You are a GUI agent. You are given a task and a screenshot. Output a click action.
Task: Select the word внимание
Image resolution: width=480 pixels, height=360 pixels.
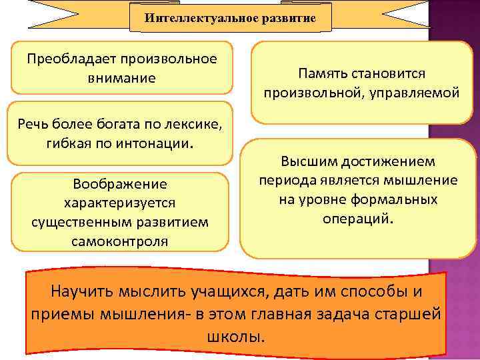(121, 78)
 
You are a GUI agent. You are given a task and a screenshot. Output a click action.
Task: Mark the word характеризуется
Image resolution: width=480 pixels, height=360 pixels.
(121, 202)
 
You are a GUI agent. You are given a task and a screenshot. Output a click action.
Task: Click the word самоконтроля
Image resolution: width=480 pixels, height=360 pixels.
(121, 240)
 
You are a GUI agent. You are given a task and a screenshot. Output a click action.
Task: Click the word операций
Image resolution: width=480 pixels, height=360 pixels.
(357, 219)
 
